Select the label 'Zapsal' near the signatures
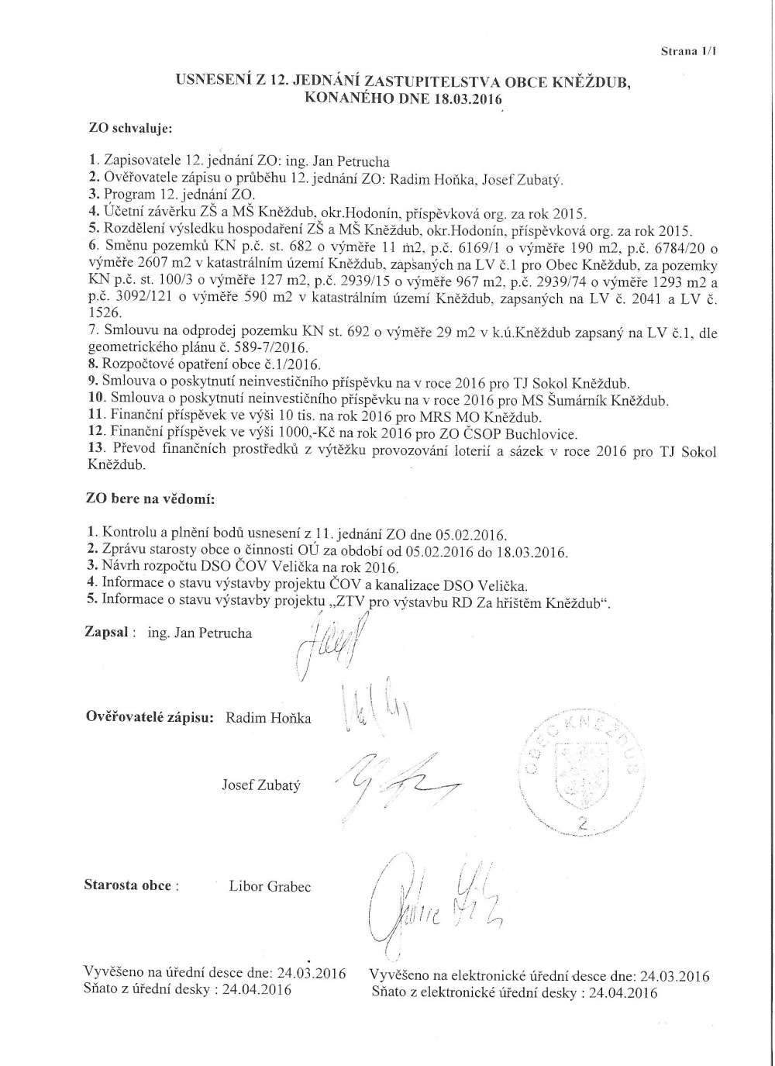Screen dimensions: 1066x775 (x=106, y=633)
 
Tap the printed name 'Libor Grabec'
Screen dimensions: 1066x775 (x=270, y=886)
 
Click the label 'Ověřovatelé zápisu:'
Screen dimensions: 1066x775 (x=149, y=717)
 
